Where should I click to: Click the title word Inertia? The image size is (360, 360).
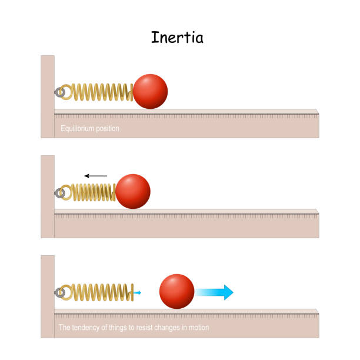(177, 38)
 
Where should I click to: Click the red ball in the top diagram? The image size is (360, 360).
(150, 91)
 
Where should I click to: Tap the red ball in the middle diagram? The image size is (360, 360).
(133, 191)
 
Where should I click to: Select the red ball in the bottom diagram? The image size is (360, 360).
(177, 291)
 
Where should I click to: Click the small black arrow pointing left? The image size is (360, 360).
(95, 175)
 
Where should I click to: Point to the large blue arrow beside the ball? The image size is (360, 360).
(215, 292)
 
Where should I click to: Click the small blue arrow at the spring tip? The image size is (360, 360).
(137, 292)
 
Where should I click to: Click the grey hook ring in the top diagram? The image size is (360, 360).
(59, 92)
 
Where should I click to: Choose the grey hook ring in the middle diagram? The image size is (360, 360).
(59, 192)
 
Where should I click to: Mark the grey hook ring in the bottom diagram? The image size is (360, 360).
(59, 292)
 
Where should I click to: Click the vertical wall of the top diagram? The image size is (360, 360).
(48, 97)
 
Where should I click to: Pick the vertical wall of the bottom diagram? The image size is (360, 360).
(48, 297)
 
